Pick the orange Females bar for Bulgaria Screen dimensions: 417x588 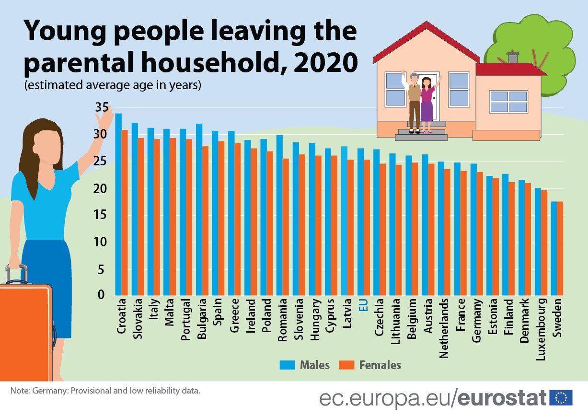click(x=205, y=220)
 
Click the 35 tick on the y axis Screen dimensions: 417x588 click(x=102, y=107)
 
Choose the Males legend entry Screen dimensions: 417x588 click(x=305, y=365)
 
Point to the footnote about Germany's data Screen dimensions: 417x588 click(x=105, y=391)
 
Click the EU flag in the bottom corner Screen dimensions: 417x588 click(x=561, y=397)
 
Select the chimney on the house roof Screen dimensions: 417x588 click(x=512, y=58)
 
